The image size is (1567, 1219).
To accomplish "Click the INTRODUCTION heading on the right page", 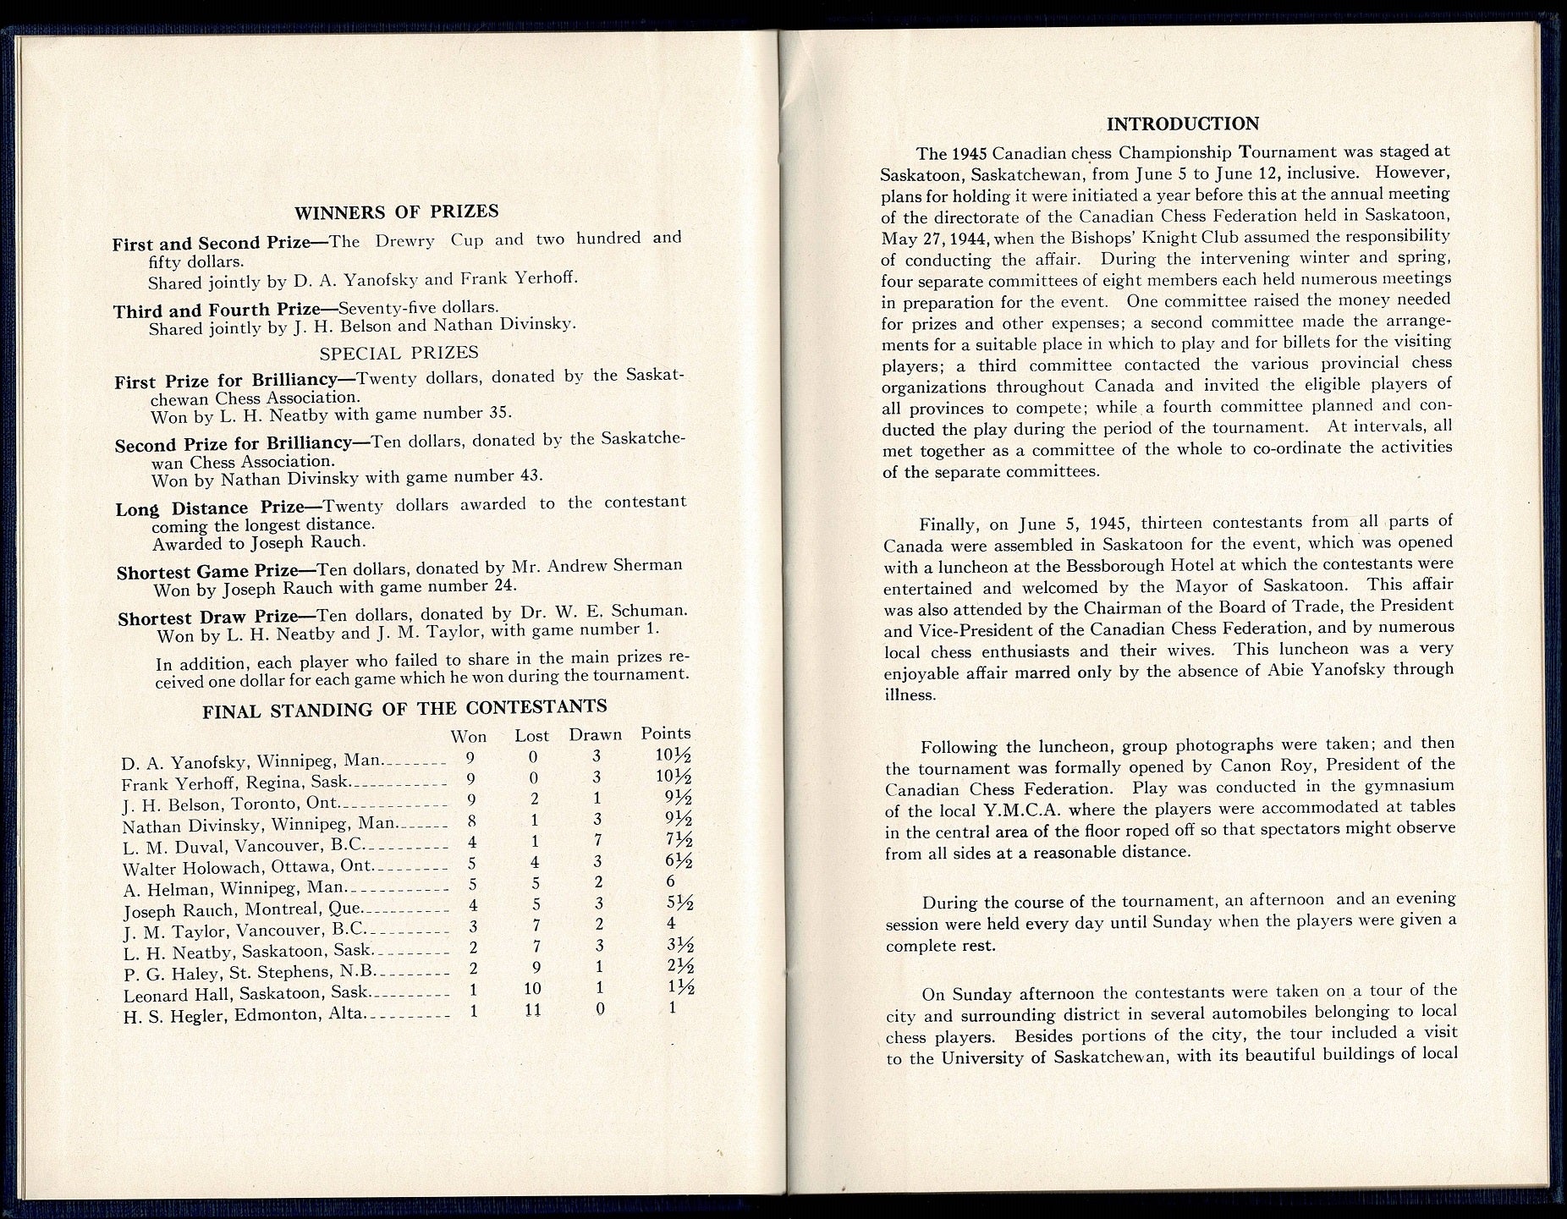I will [x=1182, y=124].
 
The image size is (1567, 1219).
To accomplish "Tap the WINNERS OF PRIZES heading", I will [x=396, y=212].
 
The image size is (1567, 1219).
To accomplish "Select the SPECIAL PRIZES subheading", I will [x=399, y=353].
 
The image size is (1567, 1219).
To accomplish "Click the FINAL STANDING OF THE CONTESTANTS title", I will [x=404, y=709].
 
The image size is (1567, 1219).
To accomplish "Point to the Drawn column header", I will [x=595, y=735].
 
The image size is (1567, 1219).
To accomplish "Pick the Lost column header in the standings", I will [x=531, y=736].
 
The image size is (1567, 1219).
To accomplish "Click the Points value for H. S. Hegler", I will [x=673, y=1008].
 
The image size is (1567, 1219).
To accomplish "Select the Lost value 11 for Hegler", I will [x=532, y=1009].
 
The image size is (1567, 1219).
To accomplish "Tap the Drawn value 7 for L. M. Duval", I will [x=598, y=842].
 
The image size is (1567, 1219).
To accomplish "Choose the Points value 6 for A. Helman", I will [x=671, y=882].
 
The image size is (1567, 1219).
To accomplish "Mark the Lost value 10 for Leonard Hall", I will [x=532, y=988].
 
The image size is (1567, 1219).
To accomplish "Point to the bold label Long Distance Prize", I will [x=210, y=508].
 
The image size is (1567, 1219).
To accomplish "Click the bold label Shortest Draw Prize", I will [x=208, y=618].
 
